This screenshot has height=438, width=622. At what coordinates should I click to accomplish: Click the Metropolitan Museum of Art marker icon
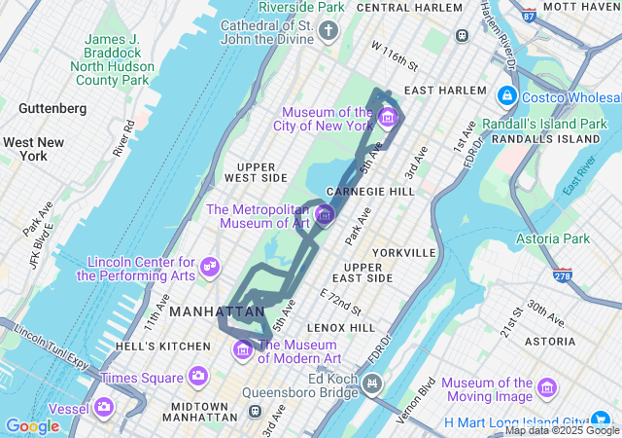click(x=325, y=212)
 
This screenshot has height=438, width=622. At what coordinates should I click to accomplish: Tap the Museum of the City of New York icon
click(x=388, y=119)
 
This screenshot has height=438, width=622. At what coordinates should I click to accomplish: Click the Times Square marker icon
click(x=198, y=376)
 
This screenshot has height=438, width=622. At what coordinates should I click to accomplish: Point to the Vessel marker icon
click(x=104, y=407)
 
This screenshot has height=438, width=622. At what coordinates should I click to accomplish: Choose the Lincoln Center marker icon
click(x=209, y=265)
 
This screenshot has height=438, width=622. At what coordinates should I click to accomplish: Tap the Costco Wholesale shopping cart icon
click(x=506, y=96)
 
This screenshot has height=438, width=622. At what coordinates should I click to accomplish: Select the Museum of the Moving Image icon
click(x=547, y=389)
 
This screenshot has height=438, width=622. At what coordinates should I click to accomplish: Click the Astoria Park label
click(x=554, y=238)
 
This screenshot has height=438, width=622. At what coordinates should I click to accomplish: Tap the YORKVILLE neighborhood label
click(x=402, y=252)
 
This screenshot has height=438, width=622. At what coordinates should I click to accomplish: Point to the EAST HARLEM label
click(x=445, y=91)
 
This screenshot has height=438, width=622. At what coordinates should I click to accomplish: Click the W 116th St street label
click(x=395, y=56)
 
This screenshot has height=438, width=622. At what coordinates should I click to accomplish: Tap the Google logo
click(x=32, y=426)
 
